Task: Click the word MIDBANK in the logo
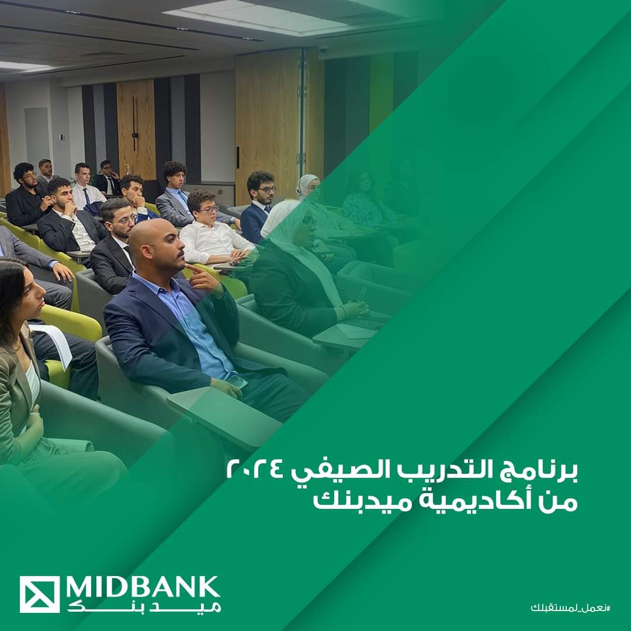(x=143, y=588)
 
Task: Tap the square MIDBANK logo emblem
(x=40, y=594)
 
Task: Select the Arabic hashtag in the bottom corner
(x=570, y=607)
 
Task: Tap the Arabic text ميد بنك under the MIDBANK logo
(x=144, y=606)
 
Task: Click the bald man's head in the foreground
(x=154, y=245)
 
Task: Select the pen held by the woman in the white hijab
(x=362, y=294)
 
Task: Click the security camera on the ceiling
(x=323, y=49)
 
